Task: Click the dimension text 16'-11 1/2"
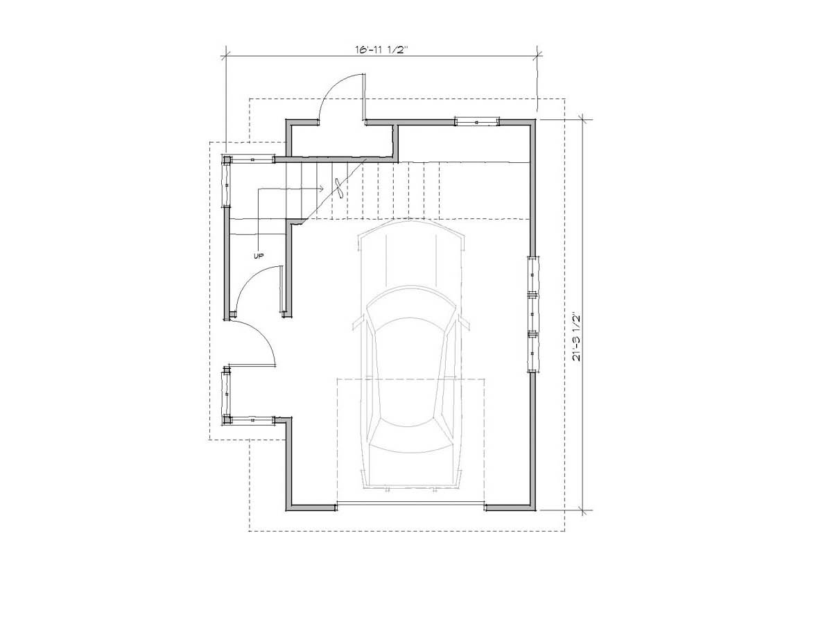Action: (x=381, y=50)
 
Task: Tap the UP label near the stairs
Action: (x=259, y=256)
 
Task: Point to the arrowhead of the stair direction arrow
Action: (x=322, y=189)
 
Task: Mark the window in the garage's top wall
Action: (x=476, y=122)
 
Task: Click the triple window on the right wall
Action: (x=533, y=314)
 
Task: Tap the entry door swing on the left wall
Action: (x=261, y=333)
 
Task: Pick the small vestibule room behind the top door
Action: (x=342, y=141)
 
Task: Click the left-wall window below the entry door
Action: (x=226, y=395)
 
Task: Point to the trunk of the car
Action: (x=411, y=470)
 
